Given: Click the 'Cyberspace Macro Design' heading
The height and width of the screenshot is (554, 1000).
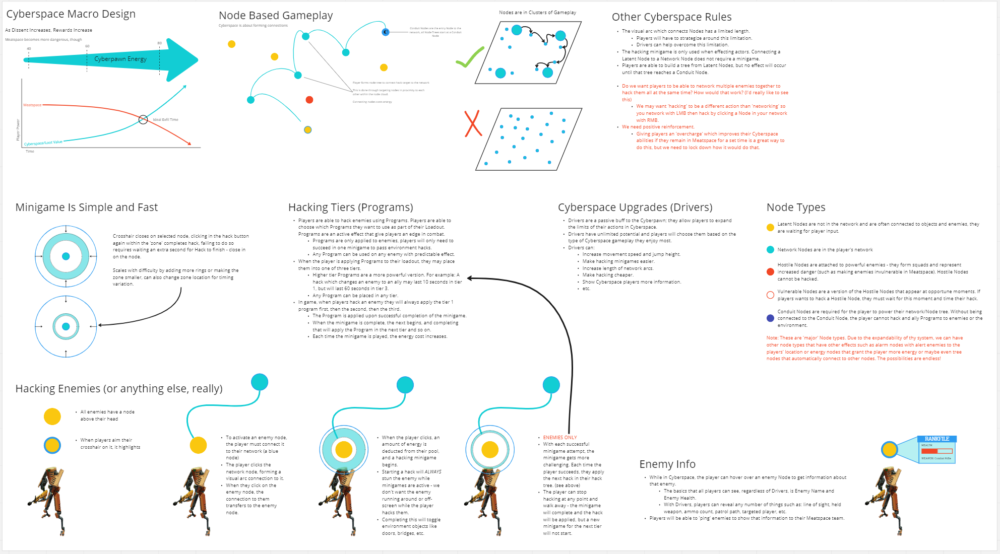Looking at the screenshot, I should [x=71, y=14].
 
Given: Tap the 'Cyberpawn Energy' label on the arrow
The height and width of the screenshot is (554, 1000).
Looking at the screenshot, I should [x=120, y=59].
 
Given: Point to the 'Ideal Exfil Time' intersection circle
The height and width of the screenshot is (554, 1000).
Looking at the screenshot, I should [x=143, y=119].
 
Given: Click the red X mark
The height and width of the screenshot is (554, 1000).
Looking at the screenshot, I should [x=473, y=124].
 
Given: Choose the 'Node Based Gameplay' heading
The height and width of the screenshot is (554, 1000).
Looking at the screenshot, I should [x=276, y=16].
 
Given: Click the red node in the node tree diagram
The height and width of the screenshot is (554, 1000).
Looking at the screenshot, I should [x=309, y=100].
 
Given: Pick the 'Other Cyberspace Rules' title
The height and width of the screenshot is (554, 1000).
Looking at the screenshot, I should [x=671, y=17].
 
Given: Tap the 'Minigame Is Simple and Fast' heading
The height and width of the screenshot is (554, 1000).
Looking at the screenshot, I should [x=86, y=207].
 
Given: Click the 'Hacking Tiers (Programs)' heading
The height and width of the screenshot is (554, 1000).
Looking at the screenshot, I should [x=350, y=207].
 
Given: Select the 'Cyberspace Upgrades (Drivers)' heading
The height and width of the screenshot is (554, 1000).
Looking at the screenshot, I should [x=635, y=207].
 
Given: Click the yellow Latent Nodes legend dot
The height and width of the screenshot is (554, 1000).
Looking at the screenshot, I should [x=770, y=228].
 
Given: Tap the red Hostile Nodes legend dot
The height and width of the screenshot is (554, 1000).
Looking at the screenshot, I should [x=770, y=272].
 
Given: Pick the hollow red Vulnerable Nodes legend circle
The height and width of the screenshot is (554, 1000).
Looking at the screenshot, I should [x=770, y=295].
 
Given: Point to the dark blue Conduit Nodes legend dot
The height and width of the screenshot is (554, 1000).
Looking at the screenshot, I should [x=770, y=318].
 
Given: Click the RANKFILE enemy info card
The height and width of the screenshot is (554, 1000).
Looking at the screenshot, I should [x=936, y=449].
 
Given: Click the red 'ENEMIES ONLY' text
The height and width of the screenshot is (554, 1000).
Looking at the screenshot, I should [x=559, y=438].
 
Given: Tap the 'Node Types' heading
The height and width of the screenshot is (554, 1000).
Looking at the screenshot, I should [x=795, y=207].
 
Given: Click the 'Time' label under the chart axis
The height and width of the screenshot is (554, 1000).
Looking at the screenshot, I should [x=30, y=151].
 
